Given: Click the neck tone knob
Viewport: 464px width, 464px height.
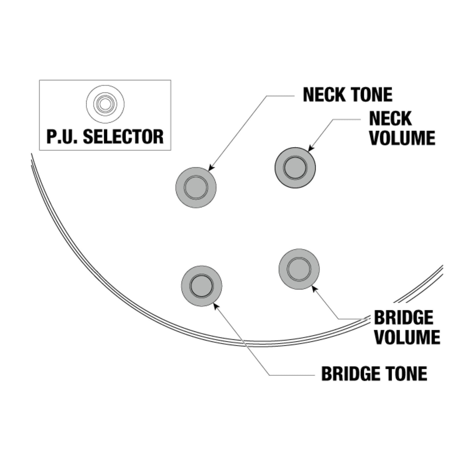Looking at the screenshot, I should [x=196, y=188].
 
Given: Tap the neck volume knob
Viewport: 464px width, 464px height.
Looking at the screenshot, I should [x=295, y=168].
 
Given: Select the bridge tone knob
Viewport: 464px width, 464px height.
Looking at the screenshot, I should [x=202, y=286].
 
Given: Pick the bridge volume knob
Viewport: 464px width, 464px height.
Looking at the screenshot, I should [x=299, y=269].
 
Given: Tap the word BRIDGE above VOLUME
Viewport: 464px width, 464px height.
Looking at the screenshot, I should [x=403, y=318].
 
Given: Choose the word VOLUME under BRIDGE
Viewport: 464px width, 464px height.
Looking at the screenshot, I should [x=407, y=337].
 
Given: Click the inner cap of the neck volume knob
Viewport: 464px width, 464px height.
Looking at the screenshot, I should [x=295, y=168].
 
